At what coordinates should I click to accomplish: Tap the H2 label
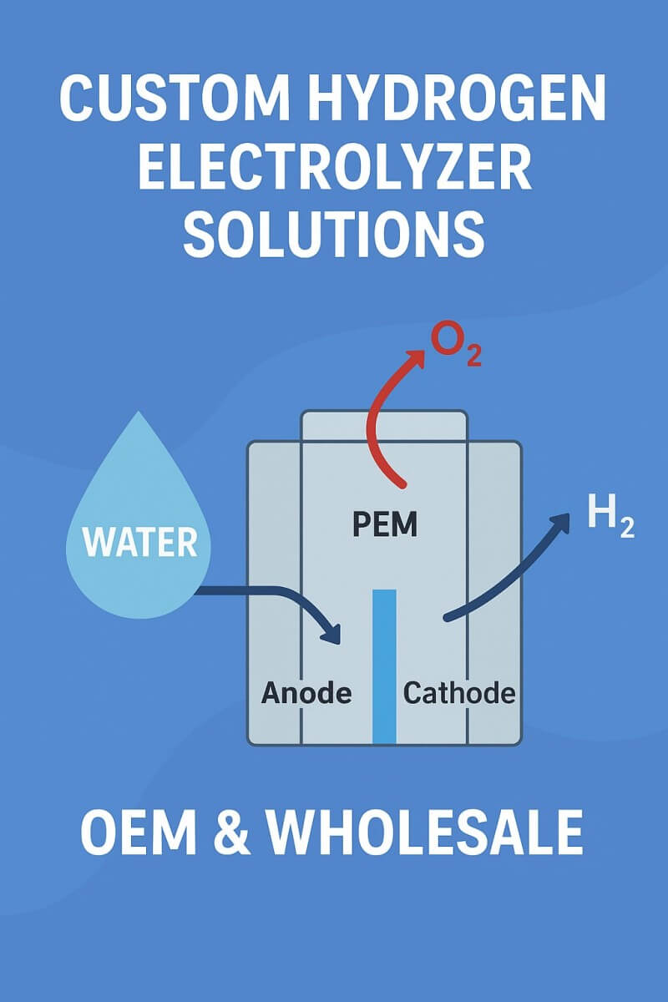pos(610,517)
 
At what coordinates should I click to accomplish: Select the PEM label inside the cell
pos(385,526)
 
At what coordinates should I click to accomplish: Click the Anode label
pos(306,692)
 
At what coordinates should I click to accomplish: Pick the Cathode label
pos(459,692)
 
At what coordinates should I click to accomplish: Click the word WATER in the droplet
pos(140,543)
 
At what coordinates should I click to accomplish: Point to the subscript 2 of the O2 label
pos(473,357)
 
